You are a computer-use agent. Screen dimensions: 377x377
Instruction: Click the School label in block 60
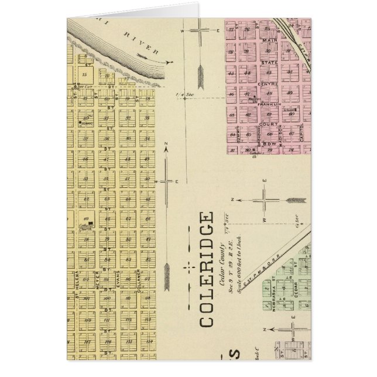pos(88,124)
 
